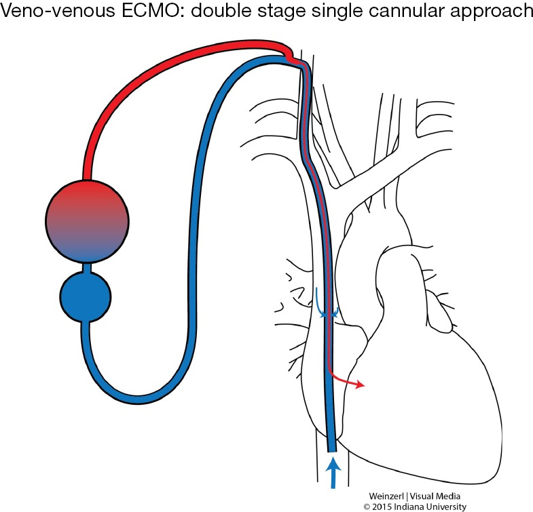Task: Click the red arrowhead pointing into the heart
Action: click(360, 385)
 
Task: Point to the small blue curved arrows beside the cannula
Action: click(325, 304)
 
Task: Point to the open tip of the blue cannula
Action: click(331, 448)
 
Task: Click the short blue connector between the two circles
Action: click(85, 267)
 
